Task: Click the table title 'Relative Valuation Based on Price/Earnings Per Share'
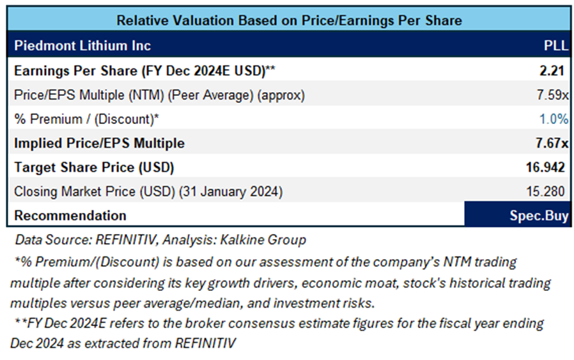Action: click(289, 20)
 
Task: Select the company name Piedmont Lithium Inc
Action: click(82, 46)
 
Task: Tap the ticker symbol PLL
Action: click(554, 46)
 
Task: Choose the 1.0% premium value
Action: click(554, 118)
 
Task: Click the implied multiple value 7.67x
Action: click(550, 143)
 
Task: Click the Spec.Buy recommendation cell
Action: click(517, 215)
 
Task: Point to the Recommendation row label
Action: click(70, 215)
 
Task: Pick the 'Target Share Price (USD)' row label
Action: click(94, 168)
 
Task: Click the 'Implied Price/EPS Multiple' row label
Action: click(99, 143)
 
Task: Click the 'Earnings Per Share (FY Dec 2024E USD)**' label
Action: click(144, 70)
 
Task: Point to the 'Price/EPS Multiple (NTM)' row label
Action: click(159, 95)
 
